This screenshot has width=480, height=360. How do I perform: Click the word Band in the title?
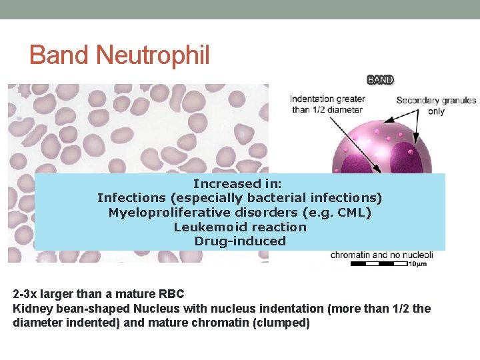61,55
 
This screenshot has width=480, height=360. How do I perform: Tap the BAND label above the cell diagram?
381,80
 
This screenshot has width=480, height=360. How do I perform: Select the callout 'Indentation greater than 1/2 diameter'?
327,105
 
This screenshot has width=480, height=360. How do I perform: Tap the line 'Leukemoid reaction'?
240,227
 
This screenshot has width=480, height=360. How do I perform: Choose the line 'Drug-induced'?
240,241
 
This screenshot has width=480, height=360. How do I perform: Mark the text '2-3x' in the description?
25,294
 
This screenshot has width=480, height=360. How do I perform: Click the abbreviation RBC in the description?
171,294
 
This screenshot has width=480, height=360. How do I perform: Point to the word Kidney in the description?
31,309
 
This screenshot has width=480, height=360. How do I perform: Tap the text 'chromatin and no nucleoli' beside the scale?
382,255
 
